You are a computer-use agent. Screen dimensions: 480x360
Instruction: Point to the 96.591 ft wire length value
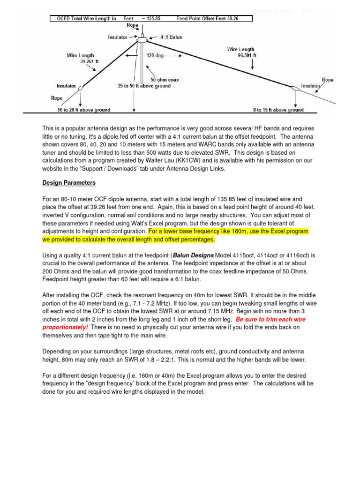pyautogui.click(x=244, y=54)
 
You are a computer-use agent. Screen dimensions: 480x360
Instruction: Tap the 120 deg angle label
pyautogui.click(x=156, y=54)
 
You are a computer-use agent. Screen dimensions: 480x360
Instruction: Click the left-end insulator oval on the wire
pyautogui.click(x=81, y=88)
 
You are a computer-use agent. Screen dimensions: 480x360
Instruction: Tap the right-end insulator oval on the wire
pyautogui.click(x=296, y=88)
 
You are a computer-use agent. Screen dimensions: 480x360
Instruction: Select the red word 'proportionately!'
pyautogui.click(x=65, y=327)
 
